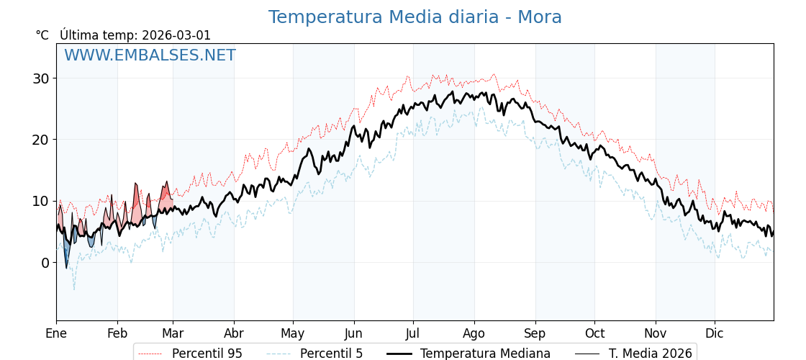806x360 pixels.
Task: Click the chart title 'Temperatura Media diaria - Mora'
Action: (x=415, y=17)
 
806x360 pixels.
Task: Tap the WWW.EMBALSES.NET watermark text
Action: (x=150, y=55)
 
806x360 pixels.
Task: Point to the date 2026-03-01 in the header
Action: (x=176, y=35)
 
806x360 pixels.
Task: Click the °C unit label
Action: (x=42, y=35)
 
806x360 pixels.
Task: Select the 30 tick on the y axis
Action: (x=40, y=78)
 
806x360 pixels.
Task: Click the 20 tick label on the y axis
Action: (x=40, y=140)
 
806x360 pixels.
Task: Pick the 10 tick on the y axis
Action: (x=40, y=201)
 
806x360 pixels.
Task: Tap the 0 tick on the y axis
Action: (x=45, y=263)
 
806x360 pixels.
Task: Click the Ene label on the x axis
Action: (x=56, y=333)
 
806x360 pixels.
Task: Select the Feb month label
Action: (x=117, y=333)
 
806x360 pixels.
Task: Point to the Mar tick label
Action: (x=173, y=333)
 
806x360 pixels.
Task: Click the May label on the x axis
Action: (x=293, y=333)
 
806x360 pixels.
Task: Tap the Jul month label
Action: (x=413, y=333)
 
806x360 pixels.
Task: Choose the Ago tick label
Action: (x=474, y=333)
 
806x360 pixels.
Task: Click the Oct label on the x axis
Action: (x=594, y=333)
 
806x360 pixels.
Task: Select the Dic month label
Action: (x=715, y=333)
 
